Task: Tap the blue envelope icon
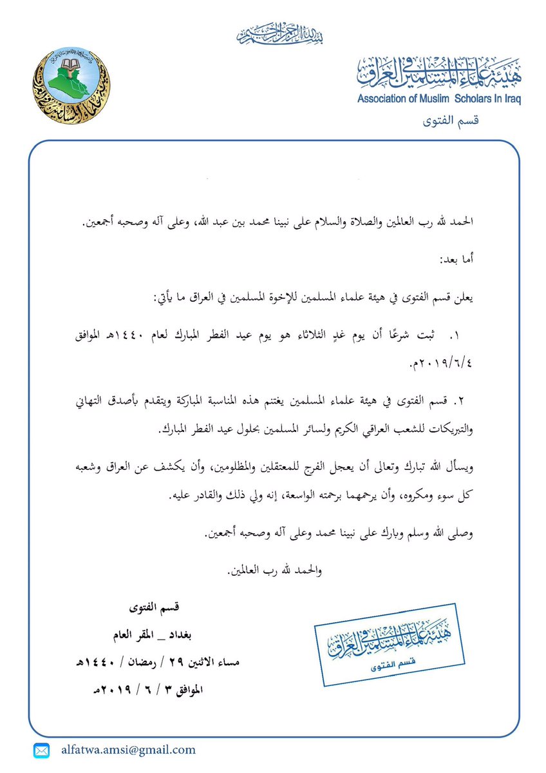click(x=42, y=750)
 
